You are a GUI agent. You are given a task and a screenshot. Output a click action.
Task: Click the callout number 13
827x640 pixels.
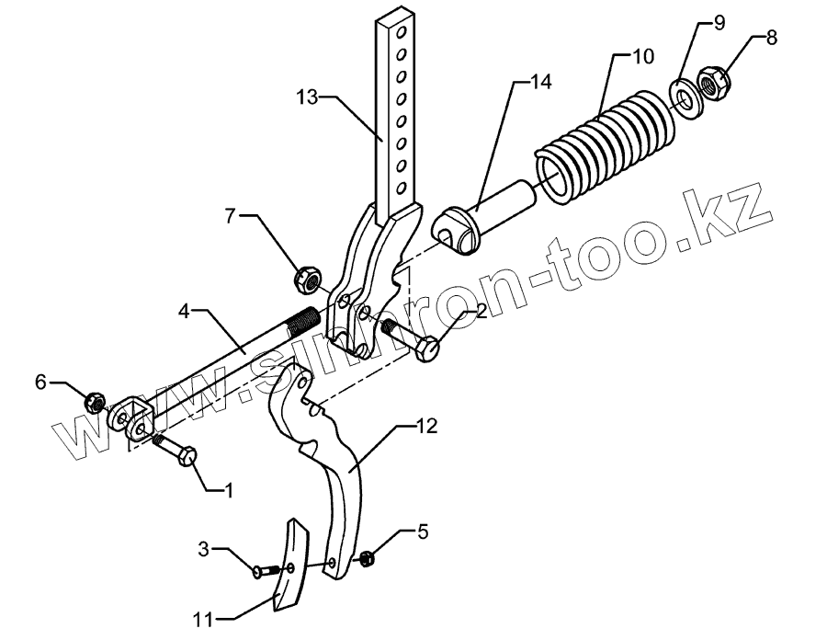(x=308, y=96)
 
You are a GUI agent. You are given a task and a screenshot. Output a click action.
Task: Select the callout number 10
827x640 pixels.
(x=642, y=56)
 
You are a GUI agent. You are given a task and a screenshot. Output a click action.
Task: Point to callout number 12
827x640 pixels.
(x=425, y=427)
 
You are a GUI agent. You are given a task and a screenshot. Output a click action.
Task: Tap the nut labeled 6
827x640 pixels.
(x=93, y=402)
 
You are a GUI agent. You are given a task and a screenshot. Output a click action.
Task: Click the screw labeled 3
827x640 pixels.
(x=266, y=572)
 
